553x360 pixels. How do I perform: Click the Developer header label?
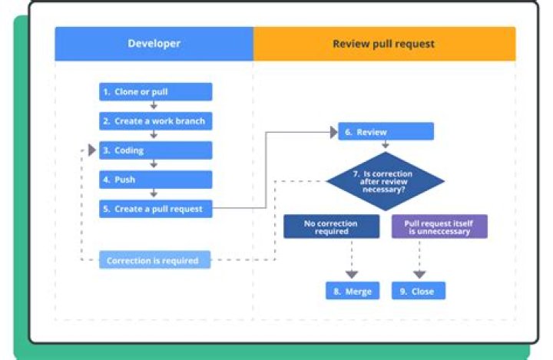(154, 44)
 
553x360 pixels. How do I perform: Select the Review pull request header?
(383, 44)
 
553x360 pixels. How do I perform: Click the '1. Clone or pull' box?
(155, 92)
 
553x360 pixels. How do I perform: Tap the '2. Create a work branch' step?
(155, 121)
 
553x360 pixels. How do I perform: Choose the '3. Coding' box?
(155, 150)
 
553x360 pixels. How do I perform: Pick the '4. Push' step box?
(155, 180)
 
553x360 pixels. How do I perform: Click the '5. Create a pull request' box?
(155, 209)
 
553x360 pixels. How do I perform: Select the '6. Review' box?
(386, 132)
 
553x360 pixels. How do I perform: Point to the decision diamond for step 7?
(386, 182)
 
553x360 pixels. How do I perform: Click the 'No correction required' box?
(331, 226)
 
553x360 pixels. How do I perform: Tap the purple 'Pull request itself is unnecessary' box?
(439, 226)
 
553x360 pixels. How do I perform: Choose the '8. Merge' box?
(353, 291)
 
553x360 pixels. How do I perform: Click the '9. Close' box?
(418, 291)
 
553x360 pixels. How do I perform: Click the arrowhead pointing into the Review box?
(333, 132)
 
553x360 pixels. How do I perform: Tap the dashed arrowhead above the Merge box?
(352, 273)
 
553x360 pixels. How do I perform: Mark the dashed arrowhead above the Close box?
(419, 273)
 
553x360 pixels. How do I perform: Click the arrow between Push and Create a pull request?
(154, 194)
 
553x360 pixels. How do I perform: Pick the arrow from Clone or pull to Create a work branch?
(154, 107)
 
